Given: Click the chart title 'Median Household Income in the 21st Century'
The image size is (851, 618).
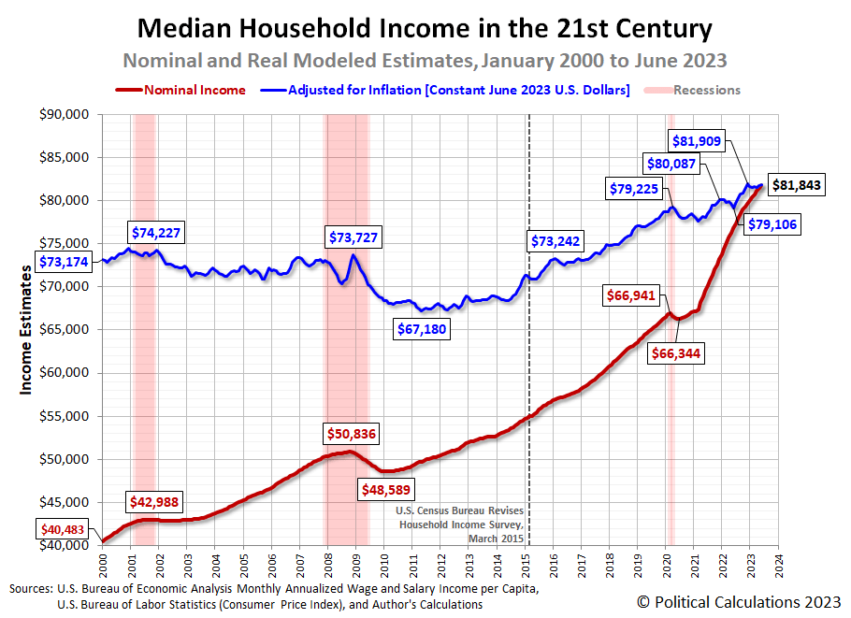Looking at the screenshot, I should click(x=425, y=28).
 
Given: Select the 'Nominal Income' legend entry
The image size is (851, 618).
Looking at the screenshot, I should click(x=195, y=91).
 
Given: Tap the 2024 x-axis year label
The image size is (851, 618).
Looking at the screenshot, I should click(x=779, y=566).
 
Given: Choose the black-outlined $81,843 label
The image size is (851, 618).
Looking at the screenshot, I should click(x=795, y=185).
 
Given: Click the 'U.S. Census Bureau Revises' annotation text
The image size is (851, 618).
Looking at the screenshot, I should click(x=460, y=510).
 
